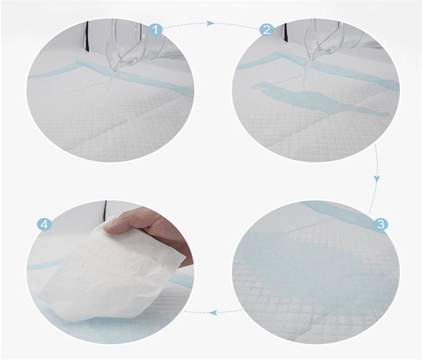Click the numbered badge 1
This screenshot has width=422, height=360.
(156, 29)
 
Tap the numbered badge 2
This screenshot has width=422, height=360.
(266, 29)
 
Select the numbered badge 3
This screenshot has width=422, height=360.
(381, 224)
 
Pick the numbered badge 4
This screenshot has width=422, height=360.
(44, 224)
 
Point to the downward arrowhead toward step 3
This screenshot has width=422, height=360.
(377, 179)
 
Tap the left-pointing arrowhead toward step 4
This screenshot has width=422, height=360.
(213, 312)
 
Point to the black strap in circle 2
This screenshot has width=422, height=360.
(286, 32)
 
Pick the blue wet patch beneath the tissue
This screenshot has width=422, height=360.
(89, 320)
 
